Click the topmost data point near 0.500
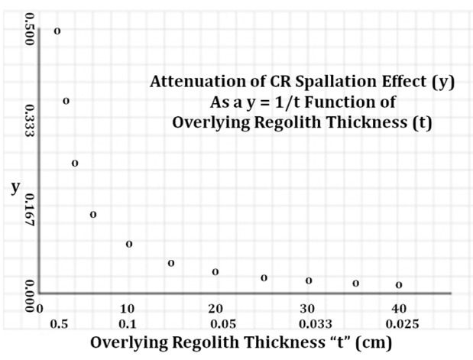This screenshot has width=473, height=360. tap(57, 31)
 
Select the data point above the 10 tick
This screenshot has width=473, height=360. tap(129, 244)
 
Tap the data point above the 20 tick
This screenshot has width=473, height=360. tap(215, 271)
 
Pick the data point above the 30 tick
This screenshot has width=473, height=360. tap(309, 281)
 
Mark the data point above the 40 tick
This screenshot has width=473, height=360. tap(399, 285)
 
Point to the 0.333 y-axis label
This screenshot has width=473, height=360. tap(30, 121)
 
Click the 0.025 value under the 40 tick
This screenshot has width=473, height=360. tap(398, 324)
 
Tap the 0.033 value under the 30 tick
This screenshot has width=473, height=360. tap(307, 324)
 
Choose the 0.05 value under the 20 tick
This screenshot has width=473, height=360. tap(222, 324)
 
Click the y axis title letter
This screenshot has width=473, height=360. tap(15, 187)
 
